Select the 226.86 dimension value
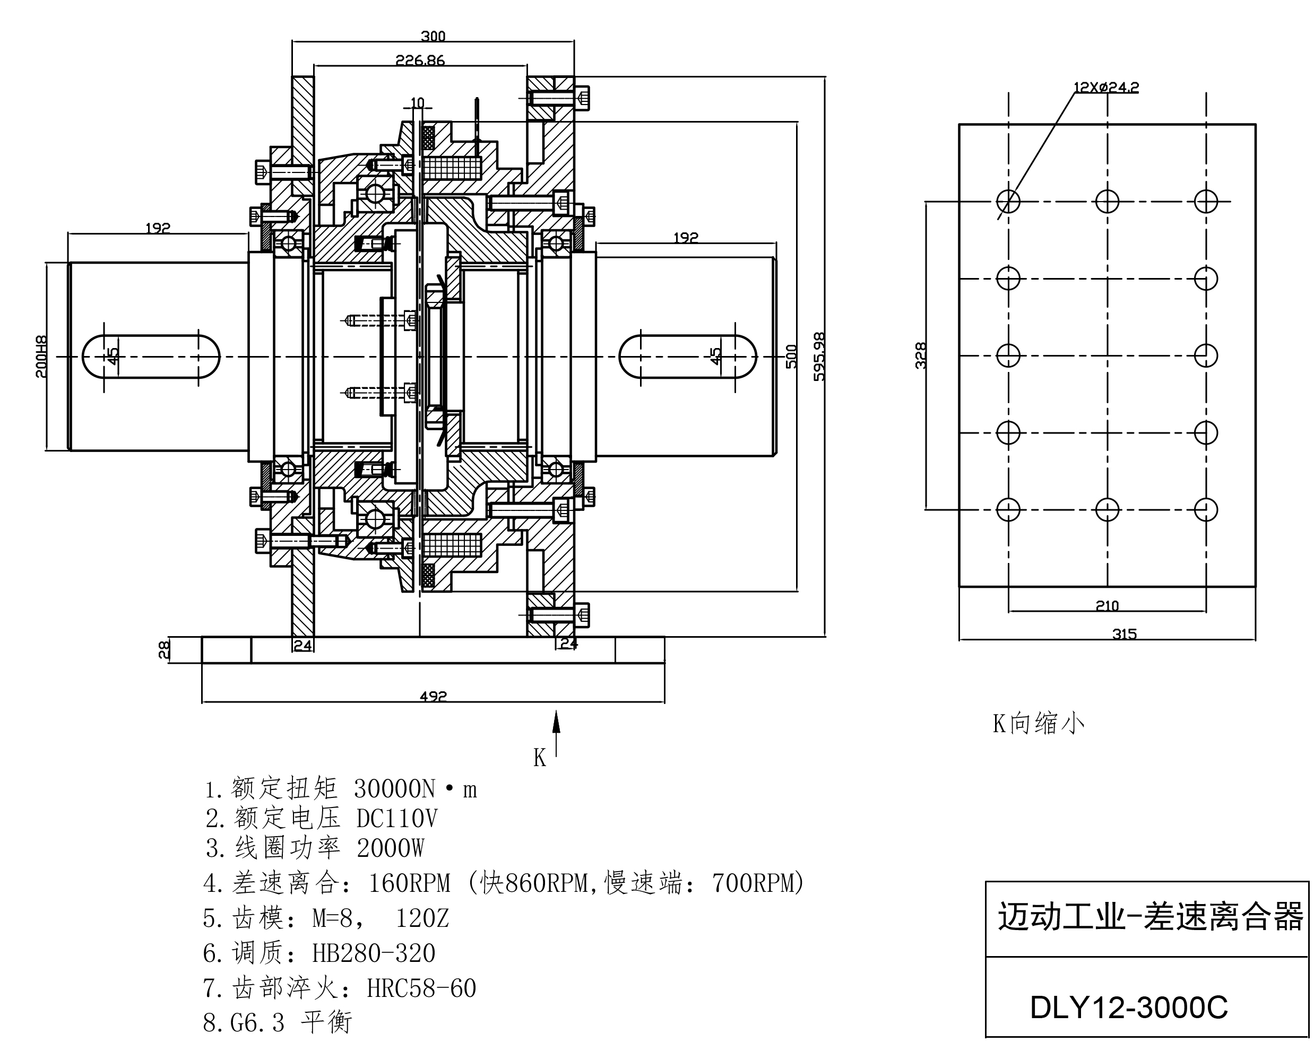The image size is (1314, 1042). (420, 60)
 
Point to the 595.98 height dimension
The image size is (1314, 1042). (820, 357)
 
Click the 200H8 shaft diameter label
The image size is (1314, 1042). (41, 357)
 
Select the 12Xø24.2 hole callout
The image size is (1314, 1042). (1105, 87)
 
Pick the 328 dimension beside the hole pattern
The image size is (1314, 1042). (921, 355)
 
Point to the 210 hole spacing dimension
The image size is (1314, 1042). (1107, 606)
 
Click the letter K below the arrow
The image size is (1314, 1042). (539, 758)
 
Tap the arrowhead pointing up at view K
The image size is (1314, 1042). (556, 722)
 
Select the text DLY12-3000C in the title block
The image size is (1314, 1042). (1129, 1008)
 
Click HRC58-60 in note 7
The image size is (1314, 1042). (421, 988)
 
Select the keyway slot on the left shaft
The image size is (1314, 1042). (151, 357)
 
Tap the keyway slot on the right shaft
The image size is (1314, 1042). (687, 357)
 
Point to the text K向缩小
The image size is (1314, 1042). (1039, 723)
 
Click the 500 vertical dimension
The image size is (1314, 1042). (791, 357)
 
